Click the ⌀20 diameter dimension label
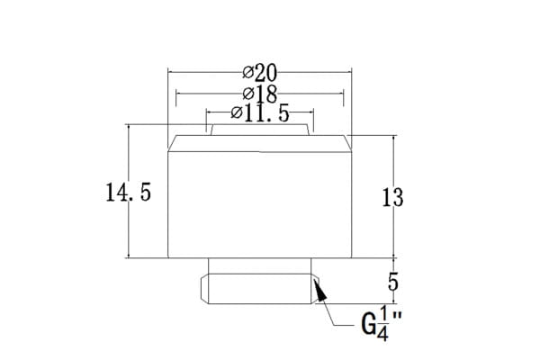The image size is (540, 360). click(260, 73)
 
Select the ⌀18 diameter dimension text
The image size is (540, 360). click(260, 94)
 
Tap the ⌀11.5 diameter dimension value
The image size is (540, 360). click(260, 112)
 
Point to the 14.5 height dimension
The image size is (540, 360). click(129, 193)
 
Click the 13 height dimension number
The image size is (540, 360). click(392, 197)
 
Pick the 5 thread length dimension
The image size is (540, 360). click(393, 282)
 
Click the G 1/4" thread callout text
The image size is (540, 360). click(382, 324)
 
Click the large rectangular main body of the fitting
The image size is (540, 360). click(260, 204)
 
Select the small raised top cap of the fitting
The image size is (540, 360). click(260, 130)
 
